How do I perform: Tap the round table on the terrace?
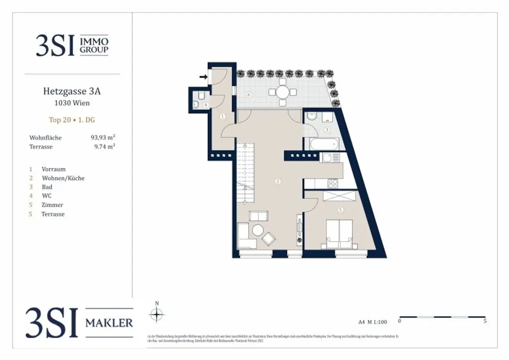[x=283, y=92]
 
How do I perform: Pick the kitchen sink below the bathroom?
[x=329, y=158]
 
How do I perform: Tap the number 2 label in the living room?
[x=277, y=181]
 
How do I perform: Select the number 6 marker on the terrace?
[x=249, y=94]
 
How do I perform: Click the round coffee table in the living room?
[x=257, y=231]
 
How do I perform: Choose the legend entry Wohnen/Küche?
[x=63, y=178]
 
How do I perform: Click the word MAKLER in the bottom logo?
[x=109, y=323]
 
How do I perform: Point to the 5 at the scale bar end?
[x=485, y=321]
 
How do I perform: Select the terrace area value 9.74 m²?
[x=105, y=147]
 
